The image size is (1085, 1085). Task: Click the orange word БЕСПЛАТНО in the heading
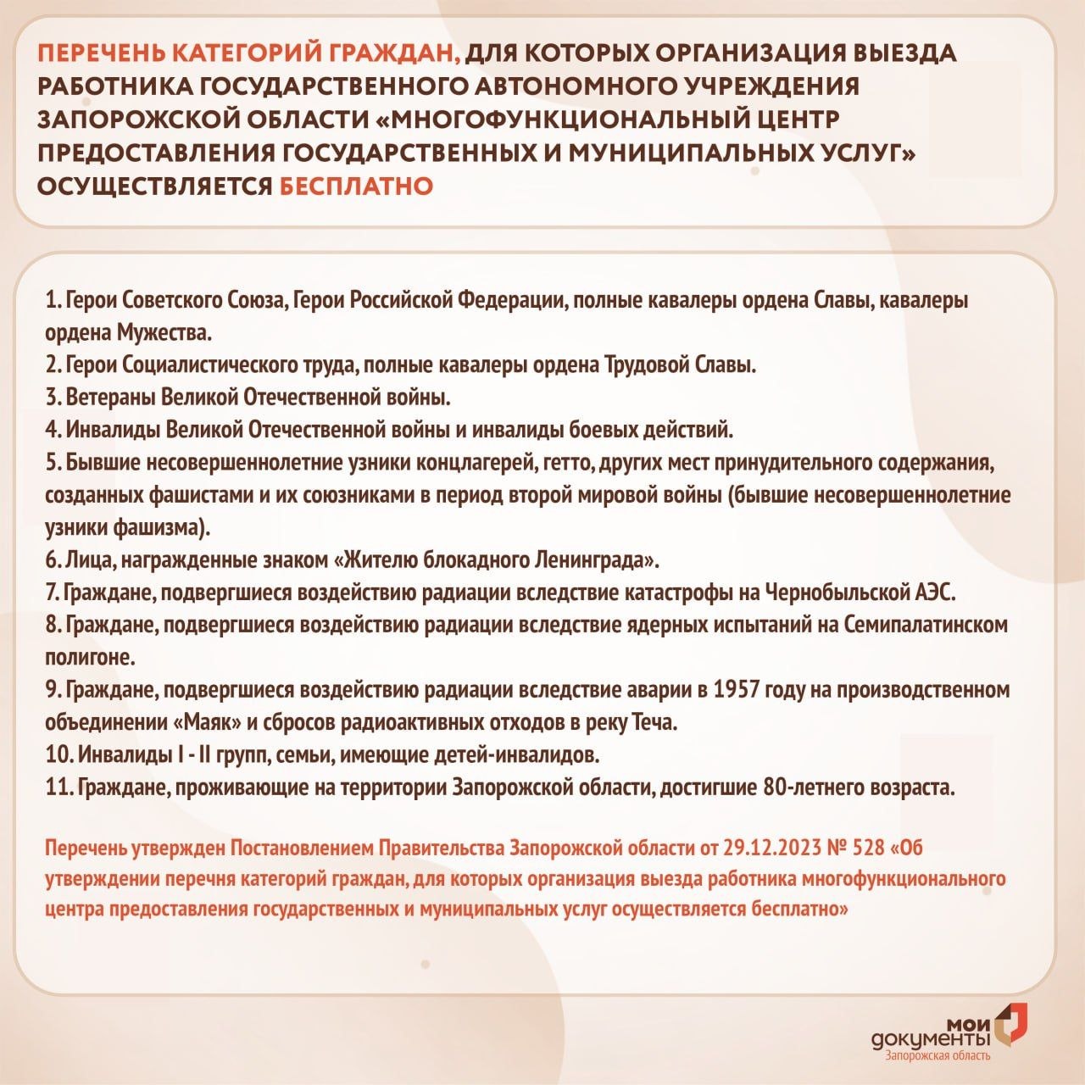click(357, 186)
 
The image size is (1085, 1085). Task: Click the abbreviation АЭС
click(935, 592)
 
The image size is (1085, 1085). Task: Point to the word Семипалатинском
click(926, 625)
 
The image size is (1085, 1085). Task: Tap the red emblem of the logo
click(1010, 1023)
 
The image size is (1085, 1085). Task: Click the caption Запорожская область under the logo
click(937, 1055)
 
